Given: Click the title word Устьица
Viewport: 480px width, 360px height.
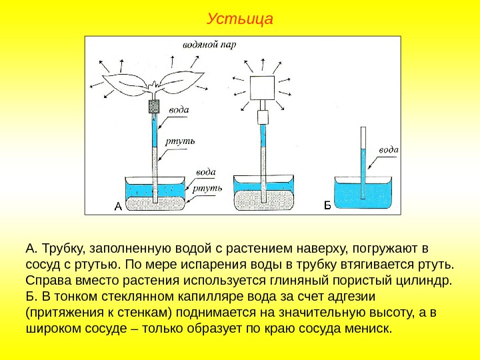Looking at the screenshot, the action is click(x=240, y=18).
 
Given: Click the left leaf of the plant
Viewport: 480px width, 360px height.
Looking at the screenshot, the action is click(x=129, y=83).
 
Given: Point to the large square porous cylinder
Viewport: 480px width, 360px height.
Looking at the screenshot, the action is click(x=263, y=86).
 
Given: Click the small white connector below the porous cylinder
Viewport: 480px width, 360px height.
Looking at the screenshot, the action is click(x=263, y=117).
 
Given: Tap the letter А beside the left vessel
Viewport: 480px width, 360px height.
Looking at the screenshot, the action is click(x=117, y=206).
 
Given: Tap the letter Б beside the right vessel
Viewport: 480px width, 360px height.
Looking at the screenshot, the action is click(x=327, y=205).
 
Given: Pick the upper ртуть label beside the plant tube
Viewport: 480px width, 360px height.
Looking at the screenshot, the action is click(x=181, y=141).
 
